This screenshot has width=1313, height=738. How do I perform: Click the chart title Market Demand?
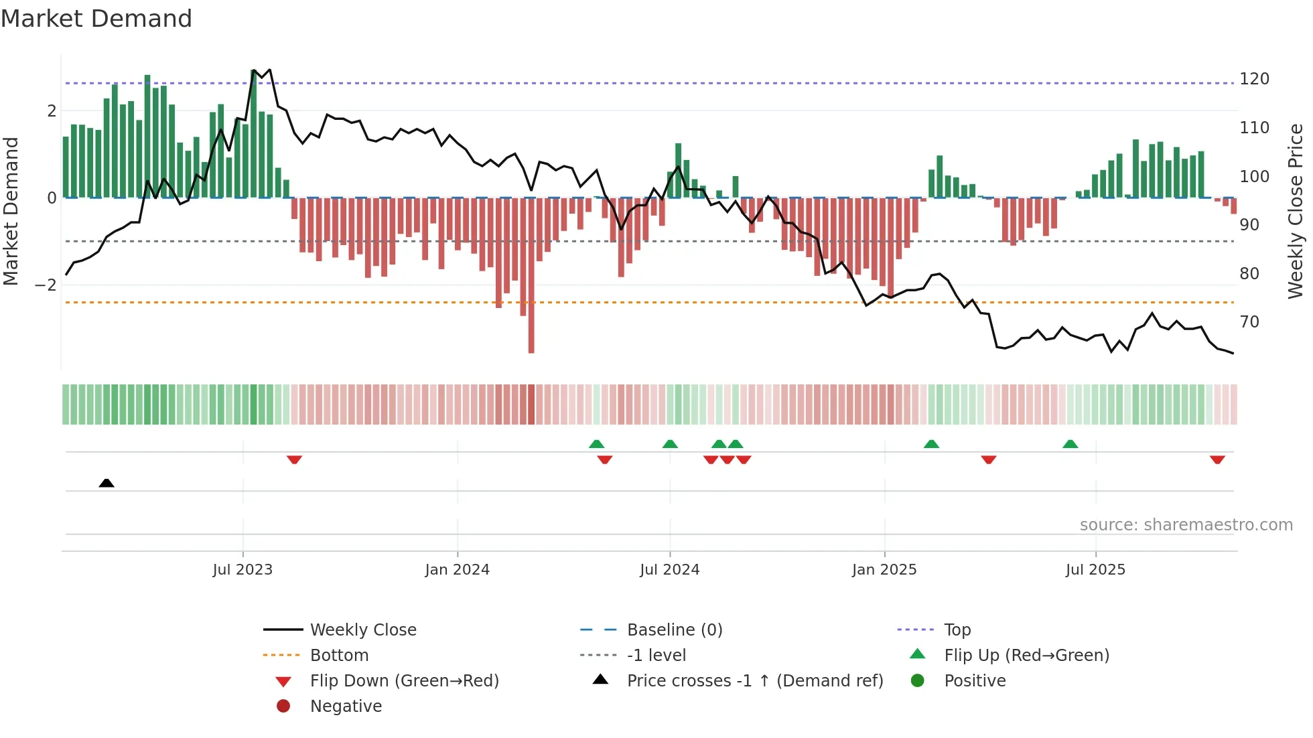pos(96,19)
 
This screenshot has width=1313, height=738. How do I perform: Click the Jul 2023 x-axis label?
pos(243,570)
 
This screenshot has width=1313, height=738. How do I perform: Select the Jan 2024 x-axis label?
pos(458,570)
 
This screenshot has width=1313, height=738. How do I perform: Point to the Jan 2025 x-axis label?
pos(884,570)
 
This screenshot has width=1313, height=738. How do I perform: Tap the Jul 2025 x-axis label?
pos(1095,570)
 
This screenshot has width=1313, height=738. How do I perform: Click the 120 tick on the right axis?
pos(1254,79)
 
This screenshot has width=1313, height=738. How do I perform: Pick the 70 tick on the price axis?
pos(1249,322)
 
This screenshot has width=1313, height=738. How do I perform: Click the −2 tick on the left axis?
pos(46,285)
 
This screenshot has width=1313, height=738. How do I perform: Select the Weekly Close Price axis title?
pos(1296,211)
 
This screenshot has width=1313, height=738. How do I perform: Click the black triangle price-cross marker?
pos(107,483)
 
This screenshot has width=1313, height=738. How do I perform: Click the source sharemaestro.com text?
pos(1186,525)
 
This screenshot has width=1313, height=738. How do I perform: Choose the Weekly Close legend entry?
pos(362,630)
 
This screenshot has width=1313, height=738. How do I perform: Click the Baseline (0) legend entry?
pos(674,630)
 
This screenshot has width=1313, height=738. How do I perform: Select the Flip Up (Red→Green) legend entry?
pos(1026,656)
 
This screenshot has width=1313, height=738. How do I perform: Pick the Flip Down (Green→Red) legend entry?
pos(404,681)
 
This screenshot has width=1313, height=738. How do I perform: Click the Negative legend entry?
pos(346,707)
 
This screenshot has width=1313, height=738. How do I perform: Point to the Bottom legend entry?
pos(339,656)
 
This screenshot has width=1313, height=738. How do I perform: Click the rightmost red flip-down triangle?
pos(1217,459)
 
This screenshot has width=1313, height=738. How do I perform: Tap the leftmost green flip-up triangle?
pos(596,444)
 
